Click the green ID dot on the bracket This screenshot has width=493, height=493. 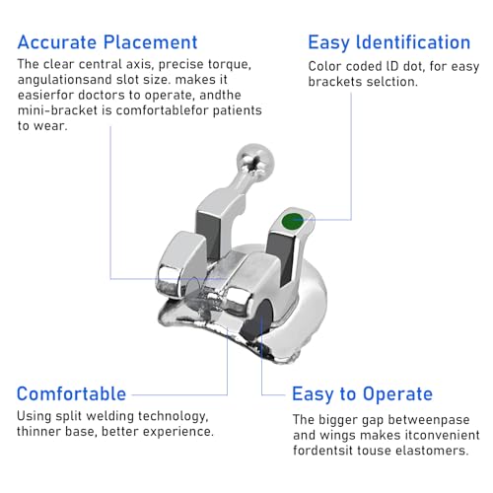click(x=292, y=221)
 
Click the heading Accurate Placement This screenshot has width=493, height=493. click(x=107, y=42)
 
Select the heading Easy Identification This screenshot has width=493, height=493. click(x=389, y=43)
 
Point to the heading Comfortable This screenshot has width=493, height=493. click(x=71, y=393)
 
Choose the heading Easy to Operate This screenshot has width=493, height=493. click(x=362, y=394)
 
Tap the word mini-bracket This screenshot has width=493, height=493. click(x=57, y=110)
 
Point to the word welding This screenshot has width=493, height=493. click(x=109, y=417)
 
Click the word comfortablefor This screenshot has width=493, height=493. click(x=162, y=110)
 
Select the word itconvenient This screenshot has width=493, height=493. click(x=442, y=435)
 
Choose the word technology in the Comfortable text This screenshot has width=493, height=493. click(x=173, y=417)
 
